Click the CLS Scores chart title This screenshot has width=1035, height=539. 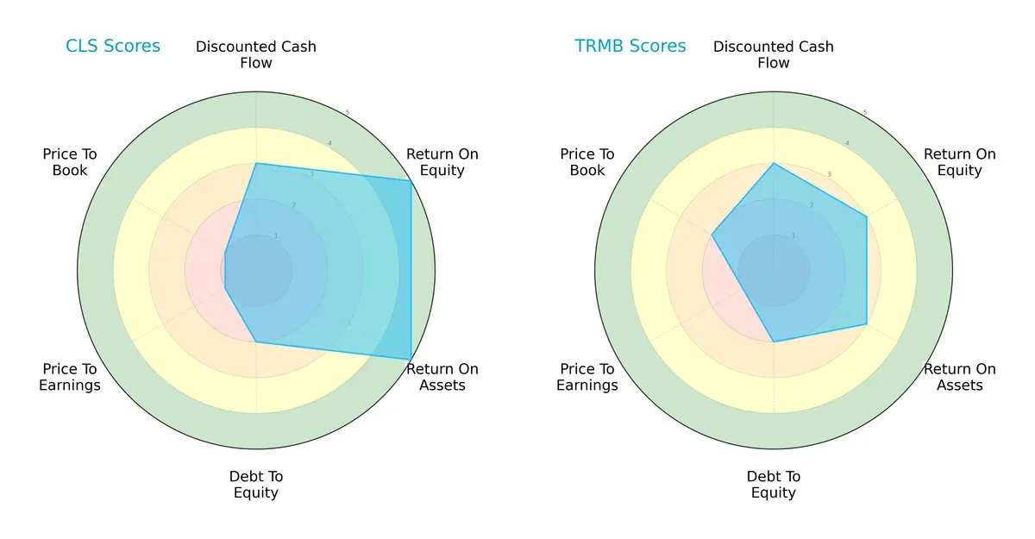(113, 47)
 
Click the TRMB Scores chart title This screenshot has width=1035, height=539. (630, 47)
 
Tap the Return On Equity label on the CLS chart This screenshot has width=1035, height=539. (442, 162)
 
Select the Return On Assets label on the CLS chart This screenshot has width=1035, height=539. (442, 377)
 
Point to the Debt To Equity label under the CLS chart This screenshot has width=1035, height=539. (256, 485)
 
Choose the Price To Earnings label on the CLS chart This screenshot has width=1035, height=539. (70, 377)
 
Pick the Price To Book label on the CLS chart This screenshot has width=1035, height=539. (70, 162)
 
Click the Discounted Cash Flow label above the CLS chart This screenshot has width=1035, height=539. (256, 54)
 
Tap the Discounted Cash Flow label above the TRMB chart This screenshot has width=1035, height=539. (774, 54)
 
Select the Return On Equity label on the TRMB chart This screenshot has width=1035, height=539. (959, 162)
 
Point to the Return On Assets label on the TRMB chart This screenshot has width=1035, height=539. (959, 377)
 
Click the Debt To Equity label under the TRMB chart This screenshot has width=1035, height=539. (774, 485)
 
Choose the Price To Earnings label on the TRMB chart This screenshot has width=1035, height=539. (587, 377)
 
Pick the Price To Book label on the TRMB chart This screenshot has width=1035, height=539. (587, 162)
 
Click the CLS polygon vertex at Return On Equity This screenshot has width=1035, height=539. (411, 180)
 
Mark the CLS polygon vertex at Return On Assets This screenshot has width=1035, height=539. (411, 359)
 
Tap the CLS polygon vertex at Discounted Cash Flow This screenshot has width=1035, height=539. (256, 163)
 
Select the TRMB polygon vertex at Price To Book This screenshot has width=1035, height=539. (712, 234)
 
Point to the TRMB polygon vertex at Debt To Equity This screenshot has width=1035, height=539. (774, 342)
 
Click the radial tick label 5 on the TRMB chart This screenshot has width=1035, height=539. (865, 113)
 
